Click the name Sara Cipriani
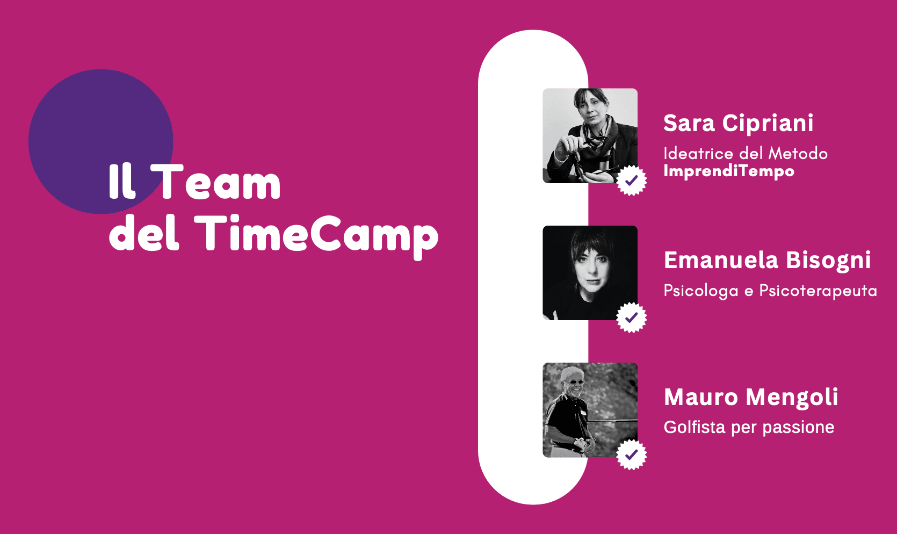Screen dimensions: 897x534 (738, 122)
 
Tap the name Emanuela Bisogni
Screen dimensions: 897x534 (767, 261)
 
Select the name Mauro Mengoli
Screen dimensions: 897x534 (751, 398)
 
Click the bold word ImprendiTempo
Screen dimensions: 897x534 (729, 171)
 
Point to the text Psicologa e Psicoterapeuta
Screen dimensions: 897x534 (770, 291)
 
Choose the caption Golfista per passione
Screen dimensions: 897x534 (749, 428)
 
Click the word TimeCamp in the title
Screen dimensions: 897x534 (319, 236)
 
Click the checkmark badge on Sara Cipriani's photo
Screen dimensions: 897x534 (632, 181)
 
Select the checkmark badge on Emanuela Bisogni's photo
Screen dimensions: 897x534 (632, 317)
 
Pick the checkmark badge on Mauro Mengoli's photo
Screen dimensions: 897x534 (632, 454)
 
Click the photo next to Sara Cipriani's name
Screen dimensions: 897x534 (590, 135)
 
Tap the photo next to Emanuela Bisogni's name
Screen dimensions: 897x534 (590, 273)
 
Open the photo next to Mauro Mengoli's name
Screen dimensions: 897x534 (590, 410)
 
